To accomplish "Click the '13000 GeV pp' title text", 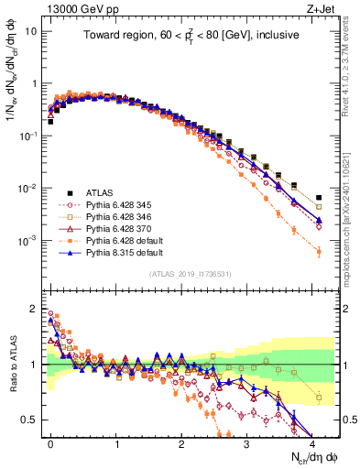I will pyautogui.click(x=74, y=9).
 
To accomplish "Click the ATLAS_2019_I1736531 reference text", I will pyautogui.click(x=191, y=274).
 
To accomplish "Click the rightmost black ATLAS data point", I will pyautogui.click(x=318, y=197).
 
